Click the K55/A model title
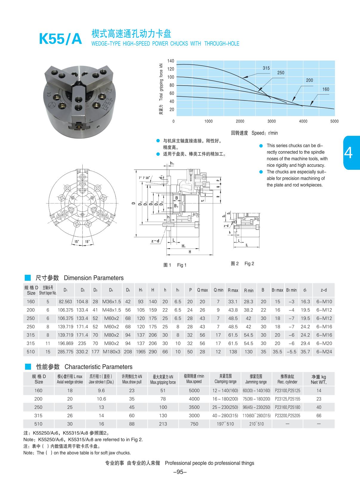(x=60, y=39)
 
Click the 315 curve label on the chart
(x=266, y=68)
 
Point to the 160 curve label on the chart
(x=326, y=89)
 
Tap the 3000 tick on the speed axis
(x=271, y=121)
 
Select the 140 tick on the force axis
(x=171, y=61)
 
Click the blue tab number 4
(x=348, y=153)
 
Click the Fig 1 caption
(x=181, y=265)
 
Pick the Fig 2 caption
(x=249, y=263)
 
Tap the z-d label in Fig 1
(x=155, y=241)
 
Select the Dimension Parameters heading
(x=94, y=278)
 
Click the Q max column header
(x=202, y=290)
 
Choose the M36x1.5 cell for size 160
(x=112, y=301)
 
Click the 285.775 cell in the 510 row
(x=65, y=352)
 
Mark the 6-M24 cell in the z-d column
(x=324, y=352)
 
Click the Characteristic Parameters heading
(x=98, y=367)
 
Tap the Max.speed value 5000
(x=194, y=390)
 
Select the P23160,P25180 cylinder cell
(x=287, y=407)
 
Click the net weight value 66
(x=319, y=415)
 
